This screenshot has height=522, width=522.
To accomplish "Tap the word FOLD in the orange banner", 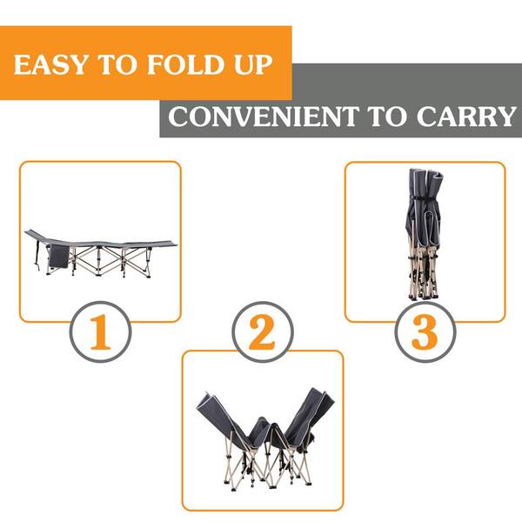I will tap(170, 65).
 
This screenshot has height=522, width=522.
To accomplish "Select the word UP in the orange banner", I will tap(249, 65).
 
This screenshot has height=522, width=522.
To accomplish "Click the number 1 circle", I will tap(100, 334).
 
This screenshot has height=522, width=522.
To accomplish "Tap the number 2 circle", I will tap(263, 334).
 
